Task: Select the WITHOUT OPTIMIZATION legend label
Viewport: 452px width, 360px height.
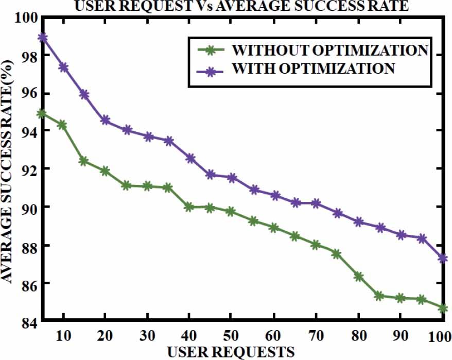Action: click(330, 50)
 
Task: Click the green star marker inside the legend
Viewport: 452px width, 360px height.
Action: click(208, 50)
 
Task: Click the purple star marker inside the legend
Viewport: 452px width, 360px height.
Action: click(208, 68)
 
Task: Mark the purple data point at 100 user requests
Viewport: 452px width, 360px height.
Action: click(443, 258)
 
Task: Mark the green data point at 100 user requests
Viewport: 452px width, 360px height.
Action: click(443, 308)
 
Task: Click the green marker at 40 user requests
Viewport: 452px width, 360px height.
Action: click(189, 207)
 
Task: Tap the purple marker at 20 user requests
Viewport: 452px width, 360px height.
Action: click(105, 121)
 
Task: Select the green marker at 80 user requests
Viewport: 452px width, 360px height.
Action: click(358, 277)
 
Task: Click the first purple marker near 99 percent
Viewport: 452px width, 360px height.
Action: click(43, 38)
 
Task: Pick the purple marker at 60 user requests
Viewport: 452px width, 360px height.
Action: click(274, 196)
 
